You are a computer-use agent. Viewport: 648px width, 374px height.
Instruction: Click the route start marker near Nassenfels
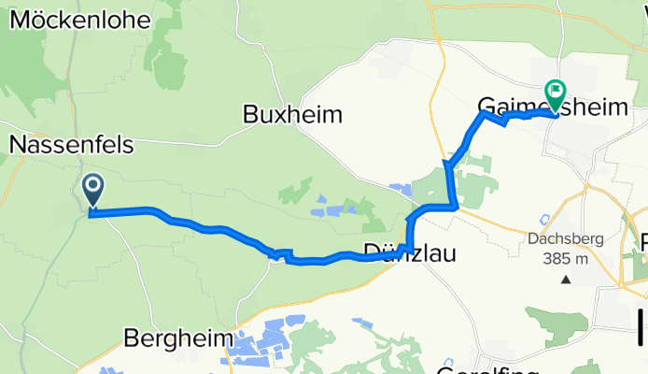point(93,191)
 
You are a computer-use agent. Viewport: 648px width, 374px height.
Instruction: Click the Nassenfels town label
point(72,145)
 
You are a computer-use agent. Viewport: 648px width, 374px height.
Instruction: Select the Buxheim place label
point(292,115)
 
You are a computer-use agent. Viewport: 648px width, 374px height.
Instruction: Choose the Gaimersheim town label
point(552,107)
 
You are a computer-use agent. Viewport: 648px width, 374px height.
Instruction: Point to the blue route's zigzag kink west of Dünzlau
point(277,252)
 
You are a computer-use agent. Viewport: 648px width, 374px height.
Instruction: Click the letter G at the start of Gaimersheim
point(487,107)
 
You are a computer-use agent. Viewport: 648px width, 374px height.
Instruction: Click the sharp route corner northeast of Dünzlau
point(454,205)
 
